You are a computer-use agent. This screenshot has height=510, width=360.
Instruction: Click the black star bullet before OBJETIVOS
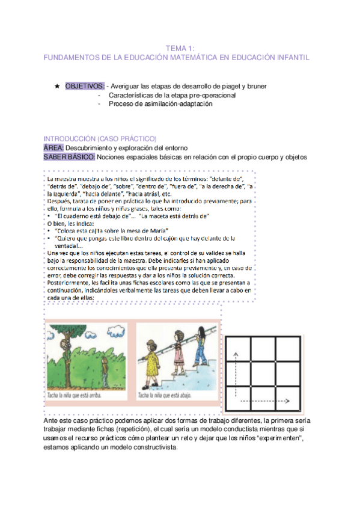(57, 86)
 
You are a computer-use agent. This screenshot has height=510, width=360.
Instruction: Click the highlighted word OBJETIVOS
(84, 86)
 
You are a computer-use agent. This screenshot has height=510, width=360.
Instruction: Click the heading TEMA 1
(178, 48)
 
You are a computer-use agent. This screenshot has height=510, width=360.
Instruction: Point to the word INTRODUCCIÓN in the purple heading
(70, 138)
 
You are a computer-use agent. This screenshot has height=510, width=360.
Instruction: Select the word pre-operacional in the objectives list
(214, 95)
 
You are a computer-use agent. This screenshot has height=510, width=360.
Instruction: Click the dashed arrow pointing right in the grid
(275, 400)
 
